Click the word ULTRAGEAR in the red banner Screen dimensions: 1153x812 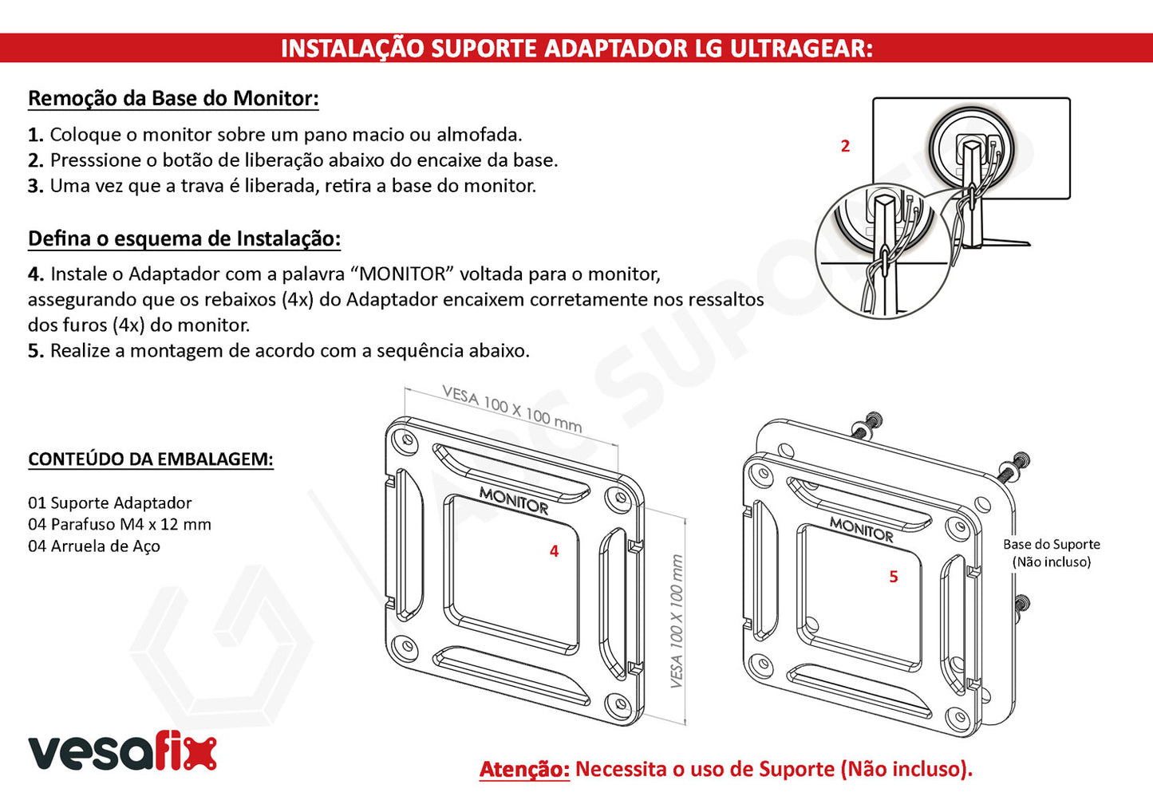tap(800, 49)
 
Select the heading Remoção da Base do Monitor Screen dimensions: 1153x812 tap(173, 98)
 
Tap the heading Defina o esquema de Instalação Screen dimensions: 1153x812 tap(184, 238)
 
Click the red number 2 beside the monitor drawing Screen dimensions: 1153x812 tap(845, 146)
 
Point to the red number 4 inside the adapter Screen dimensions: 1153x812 tap(554, 551)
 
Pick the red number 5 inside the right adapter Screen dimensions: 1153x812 tap(894, 577)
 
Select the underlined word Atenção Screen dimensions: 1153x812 tap(524, 769)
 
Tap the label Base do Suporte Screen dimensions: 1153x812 tap(1052, 545)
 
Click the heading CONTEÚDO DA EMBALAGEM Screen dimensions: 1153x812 tap(150, 459)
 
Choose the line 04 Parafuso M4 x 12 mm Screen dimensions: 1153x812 tap(120, 524)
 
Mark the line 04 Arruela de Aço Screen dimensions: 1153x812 tap(93, 546)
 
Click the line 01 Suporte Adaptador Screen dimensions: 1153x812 tap(109, 503)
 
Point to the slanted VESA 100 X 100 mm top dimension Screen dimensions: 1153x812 tap(512, 410)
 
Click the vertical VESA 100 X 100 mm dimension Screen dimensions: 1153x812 tap(677, 621)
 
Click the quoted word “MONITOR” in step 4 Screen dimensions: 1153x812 tap(404, 274)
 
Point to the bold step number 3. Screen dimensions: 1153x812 tap(36, 186)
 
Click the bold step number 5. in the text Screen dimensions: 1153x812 tap(36, 351)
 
